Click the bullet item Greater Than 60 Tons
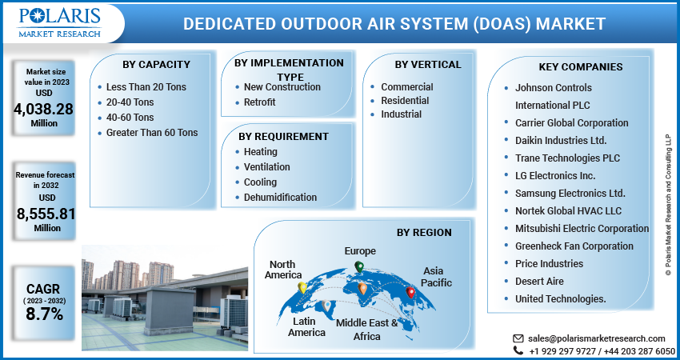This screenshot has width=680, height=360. pos(152,132)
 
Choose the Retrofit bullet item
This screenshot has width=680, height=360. pos(260,102)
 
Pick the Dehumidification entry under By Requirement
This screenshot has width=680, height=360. pos(280,197)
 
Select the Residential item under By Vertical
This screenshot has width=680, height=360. pos(405,101)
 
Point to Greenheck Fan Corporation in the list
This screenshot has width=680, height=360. pos(574,246)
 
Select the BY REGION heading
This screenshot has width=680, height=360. pos(424,232)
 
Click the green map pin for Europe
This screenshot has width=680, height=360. pos(359,266)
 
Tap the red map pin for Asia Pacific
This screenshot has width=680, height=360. pos(411,293)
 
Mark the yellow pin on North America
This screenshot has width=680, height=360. pos(302,286)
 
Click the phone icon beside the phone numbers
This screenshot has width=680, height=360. pos(518,350)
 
